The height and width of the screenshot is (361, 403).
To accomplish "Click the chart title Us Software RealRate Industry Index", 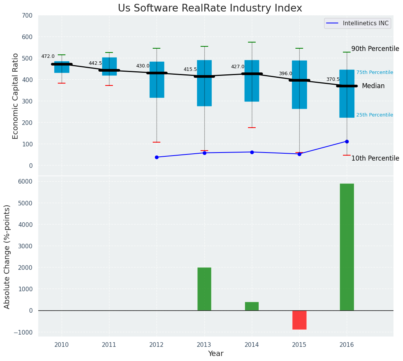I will [210, 8].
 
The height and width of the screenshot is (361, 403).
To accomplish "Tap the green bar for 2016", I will [347, 247].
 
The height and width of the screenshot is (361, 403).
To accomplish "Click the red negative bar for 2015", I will [299, 320].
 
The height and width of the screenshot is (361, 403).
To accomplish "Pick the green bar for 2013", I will [204, 289].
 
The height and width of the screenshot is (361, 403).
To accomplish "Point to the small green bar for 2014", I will [252, 306].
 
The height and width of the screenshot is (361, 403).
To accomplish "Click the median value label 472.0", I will [48, 56].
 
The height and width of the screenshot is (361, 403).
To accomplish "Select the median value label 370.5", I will [333, 79].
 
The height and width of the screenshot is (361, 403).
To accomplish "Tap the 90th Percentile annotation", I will [375, 49].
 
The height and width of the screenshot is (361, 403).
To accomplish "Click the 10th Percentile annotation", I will [375, 158].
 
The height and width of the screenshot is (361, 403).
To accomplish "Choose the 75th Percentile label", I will [374, 72].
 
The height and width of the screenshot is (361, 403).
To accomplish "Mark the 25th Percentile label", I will [374, 115].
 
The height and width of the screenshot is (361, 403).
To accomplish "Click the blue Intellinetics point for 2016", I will [347, 141].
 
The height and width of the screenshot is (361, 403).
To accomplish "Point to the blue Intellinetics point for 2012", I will [157, 157].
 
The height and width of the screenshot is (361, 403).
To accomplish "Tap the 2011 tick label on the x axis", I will [109, 345].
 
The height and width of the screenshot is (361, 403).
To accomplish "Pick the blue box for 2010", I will [62, 67].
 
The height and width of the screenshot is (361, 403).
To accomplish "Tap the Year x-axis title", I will [215, 354].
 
